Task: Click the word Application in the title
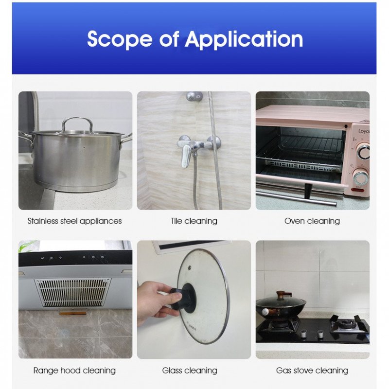[x=244, y=39]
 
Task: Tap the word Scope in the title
[x=120, y=39]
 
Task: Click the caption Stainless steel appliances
[x=74, y=221]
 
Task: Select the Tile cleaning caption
[x=194, y=221]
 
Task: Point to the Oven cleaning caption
[x=312, y=221]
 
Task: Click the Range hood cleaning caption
[x=74, y=371]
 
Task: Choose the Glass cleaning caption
[x=190, y=371]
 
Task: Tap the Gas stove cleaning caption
[x=312, y=371]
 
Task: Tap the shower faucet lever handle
[x=186, y=156]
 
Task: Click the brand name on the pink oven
[x=364, y=131]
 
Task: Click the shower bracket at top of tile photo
[x=194, y=96]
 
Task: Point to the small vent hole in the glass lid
[x=190, y=268]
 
